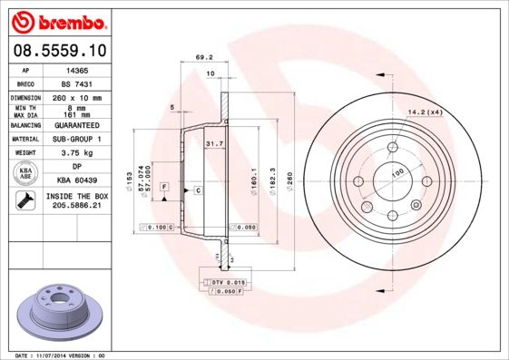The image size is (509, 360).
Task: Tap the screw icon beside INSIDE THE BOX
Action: [x=24, y=201]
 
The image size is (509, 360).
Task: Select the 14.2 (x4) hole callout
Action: [x=425, y=112]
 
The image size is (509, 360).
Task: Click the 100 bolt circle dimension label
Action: [x=396, y=171]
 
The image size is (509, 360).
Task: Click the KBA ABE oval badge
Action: [x=24, y=175]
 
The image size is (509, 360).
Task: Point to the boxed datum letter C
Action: [x=197, y=190]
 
